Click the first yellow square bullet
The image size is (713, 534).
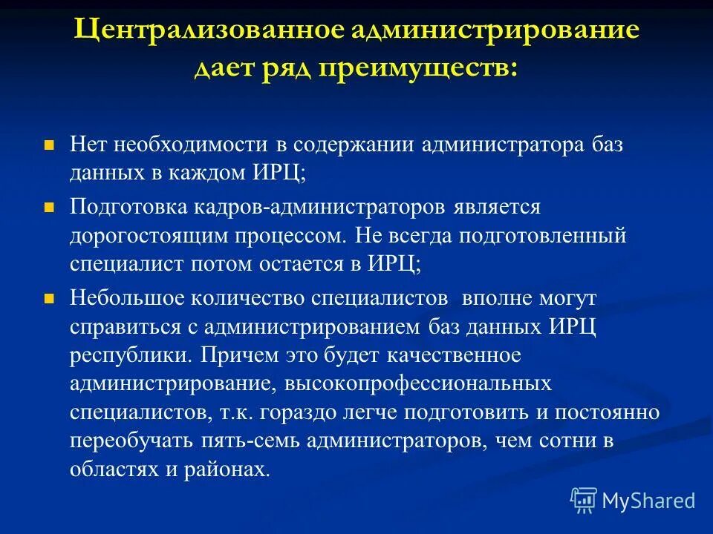coord(51,145)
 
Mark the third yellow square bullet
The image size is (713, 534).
coord(51,297)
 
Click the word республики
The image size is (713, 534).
coord(129,355)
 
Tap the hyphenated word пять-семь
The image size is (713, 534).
coord(237,441)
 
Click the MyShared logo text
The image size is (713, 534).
coord(648,501)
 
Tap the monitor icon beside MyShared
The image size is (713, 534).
coord(584,501)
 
